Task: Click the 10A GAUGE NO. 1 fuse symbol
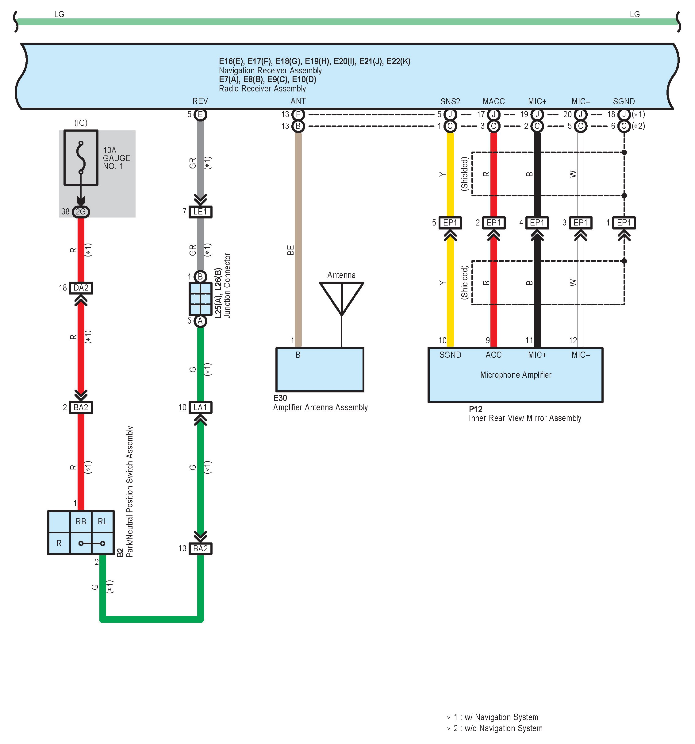(81, 158)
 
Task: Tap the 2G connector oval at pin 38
(81, 212)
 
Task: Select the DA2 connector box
(81, 288)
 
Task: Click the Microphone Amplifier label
(516, 375)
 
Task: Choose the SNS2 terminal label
(450, 102)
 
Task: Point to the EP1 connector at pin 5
(450, 223)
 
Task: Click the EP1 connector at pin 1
(624, 223)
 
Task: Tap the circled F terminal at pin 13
(298, 114)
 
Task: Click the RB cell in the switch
(81, 521)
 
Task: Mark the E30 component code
(280, 398)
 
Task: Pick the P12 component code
(475, 409)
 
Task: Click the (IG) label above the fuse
(81, 122)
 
